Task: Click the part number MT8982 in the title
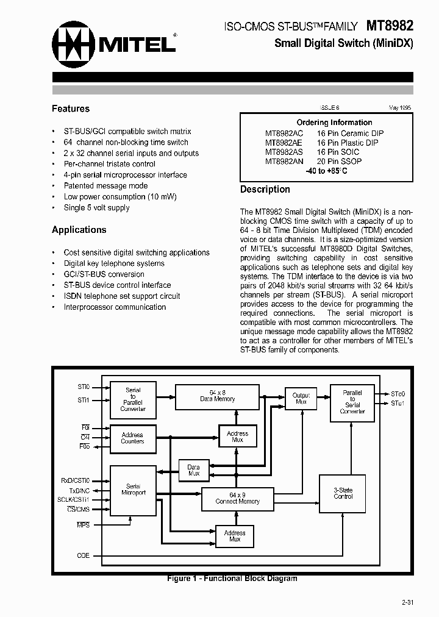(x=390, y=26)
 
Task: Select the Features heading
(x=71, y=109)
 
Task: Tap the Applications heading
(x=79, y=230)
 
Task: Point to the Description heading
(x=265, y=190)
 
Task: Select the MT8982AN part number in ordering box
(x=284, y=162)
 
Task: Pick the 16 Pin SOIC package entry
(x=338, y=152)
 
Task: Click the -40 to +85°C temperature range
(x=326, y=171)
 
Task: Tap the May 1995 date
(x=399, y=107)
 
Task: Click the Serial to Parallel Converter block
(x=133, y=399)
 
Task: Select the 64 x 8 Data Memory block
(x=217, y=396)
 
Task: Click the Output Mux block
(x=301, y=399)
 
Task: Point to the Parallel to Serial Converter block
(x=352, y=402)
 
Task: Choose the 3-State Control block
(x=343, y=493)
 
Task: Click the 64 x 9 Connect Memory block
(x=237, y=498)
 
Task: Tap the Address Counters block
(x=132, y=438)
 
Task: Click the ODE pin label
(x=83, y=555)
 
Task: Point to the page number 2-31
(x=407, y=602)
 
